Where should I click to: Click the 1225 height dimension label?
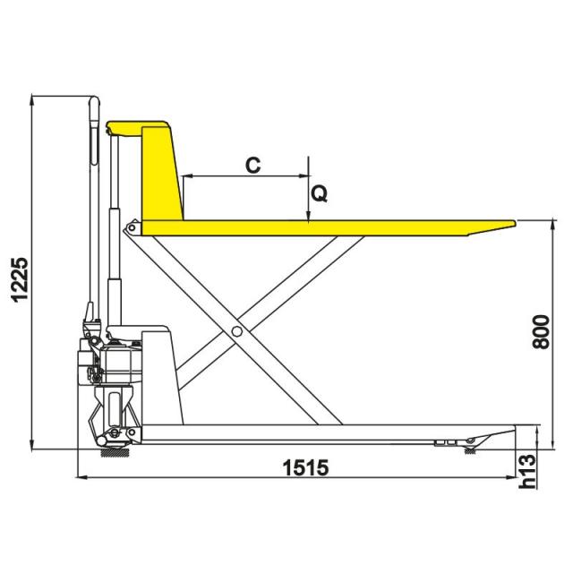point(20,280)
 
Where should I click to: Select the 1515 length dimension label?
point(305,467)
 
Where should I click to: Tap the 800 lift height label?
point(541,332)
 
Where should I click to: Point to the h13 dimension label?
point(527,472)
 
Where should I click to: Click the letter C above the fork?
point(252,165)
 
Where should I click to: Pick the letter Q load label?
point(319,193)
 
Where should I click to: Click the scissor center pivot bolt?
point(236,331)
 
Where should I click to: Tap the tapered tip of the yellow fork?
point(514,223)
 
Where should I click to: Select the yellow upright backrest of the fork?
point(162,174)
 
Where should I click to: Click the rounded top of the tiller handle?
point(94,100)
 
